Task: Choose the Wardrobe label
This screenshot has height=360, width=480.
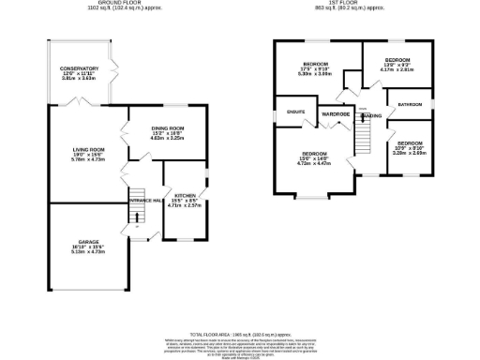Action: [x=335, y=113]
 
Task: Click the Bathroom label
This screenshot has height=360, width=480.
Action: [x=410, y=104]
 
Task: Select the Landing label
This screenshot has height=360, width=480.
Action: [x=372, y=115]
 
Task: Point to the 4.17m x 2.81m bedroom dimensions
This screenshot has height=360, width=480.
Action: [x=397, y=69]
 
